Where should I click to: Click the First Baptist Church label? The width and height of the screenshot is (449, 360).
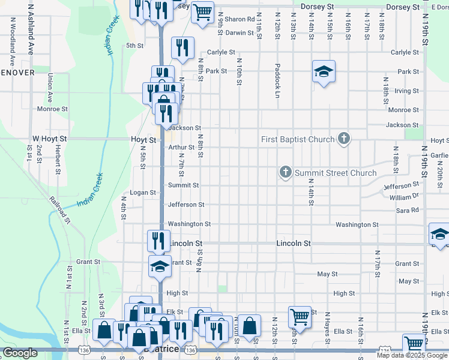pyautogui.click(x=298, y=140)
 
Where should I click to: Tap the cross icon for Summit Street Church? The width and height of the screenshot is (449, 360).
pyautogui.click(x=286, y=173)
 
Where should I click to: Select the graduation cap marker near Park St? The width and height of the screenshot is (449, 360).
pyautogui.click(x=324, y=72)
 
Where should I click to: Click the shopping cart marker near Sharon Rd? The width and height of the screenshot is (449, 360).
pyautogui.click(x=202, y=11)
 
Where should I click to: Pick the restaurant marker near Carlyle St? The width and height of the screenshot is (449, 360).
pyautogui.click(x=182, y=49)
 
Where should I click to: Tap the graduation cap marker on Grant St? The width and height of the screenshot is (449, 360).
pyautogui.click(x=160, y=266)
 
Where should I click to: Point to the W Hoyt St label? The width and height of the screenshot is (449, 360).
pyautogui.click(x=50, y=139)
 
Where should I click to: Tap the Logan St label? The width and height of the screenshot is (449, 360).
pyautogui.click(x=143, y=193)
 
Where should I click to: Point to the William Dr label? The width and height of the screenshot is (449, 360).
pyautogui.click(x=403, y=197)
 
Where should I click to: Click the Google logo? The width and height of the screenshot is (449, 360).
pyautogui.click(x=20, y=353)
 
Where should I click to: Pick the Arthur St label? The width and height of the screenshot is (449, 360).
pyautogui.click(x=181, y=147)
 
